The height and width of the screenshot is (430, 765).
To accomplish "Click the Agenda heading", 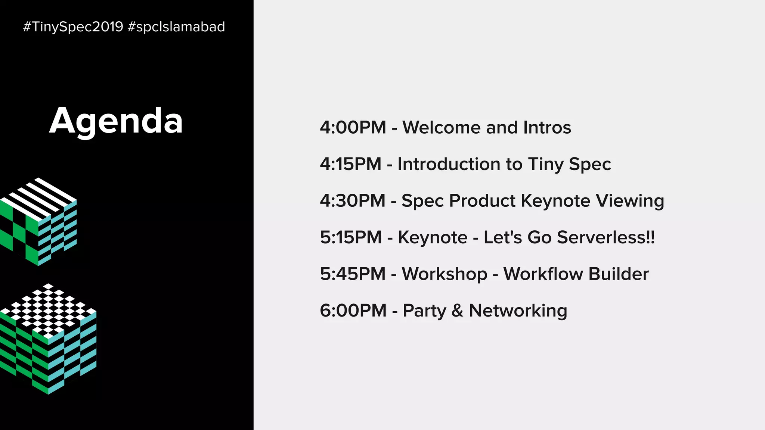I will (x=116, y=121).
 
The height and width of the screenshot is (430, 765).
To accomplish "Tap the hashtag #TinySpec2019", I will (x=73, y=27).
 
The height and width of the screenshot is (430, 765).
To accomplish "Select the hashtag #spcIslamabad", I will (x=176, y=27).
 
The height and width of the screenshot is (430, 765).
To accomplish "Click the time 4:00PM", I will (x=353, y=128).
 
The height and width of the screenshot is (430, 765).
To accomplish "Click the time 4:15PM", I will (x=350, y=164).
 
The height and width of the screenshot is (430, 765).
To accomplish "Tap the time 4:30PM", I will (x=352, y=201).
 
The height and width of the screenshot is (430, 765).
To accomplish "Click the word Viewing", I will (x=630, y=201).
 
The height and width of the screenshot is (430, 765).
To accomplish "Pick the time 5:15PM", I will (x=351, y=237).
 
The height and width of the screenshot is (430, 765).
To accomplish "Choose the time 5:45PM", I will (x=352, y=274).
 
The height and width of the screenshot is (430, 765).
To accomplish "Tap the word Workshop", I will (x=444, y=274).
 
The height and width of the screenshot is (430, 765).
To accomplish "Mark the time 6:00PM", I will (x=353, y=311).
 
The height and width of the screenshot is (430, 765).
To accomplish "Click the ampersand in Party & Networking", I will (x=457, y=311).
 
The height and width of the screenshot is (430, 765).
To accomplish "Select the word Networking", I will (x=518, y=311).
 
